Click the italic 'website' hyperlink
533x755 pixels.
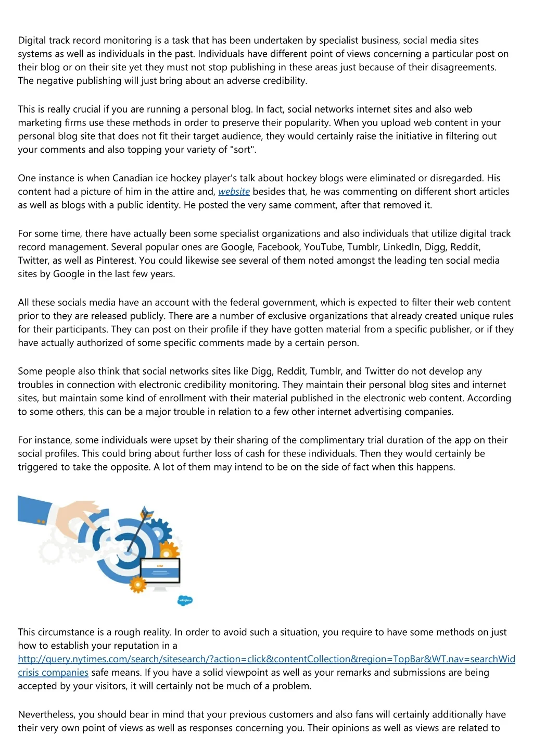pos(234,192)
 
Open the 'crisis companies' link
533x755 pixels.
pos(53,673)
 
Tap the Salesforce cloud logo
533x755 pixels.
pos(185,600)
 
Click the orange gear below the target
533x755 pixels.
pos(138,584)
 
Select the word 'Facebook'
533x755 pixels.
pos(278,247)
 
